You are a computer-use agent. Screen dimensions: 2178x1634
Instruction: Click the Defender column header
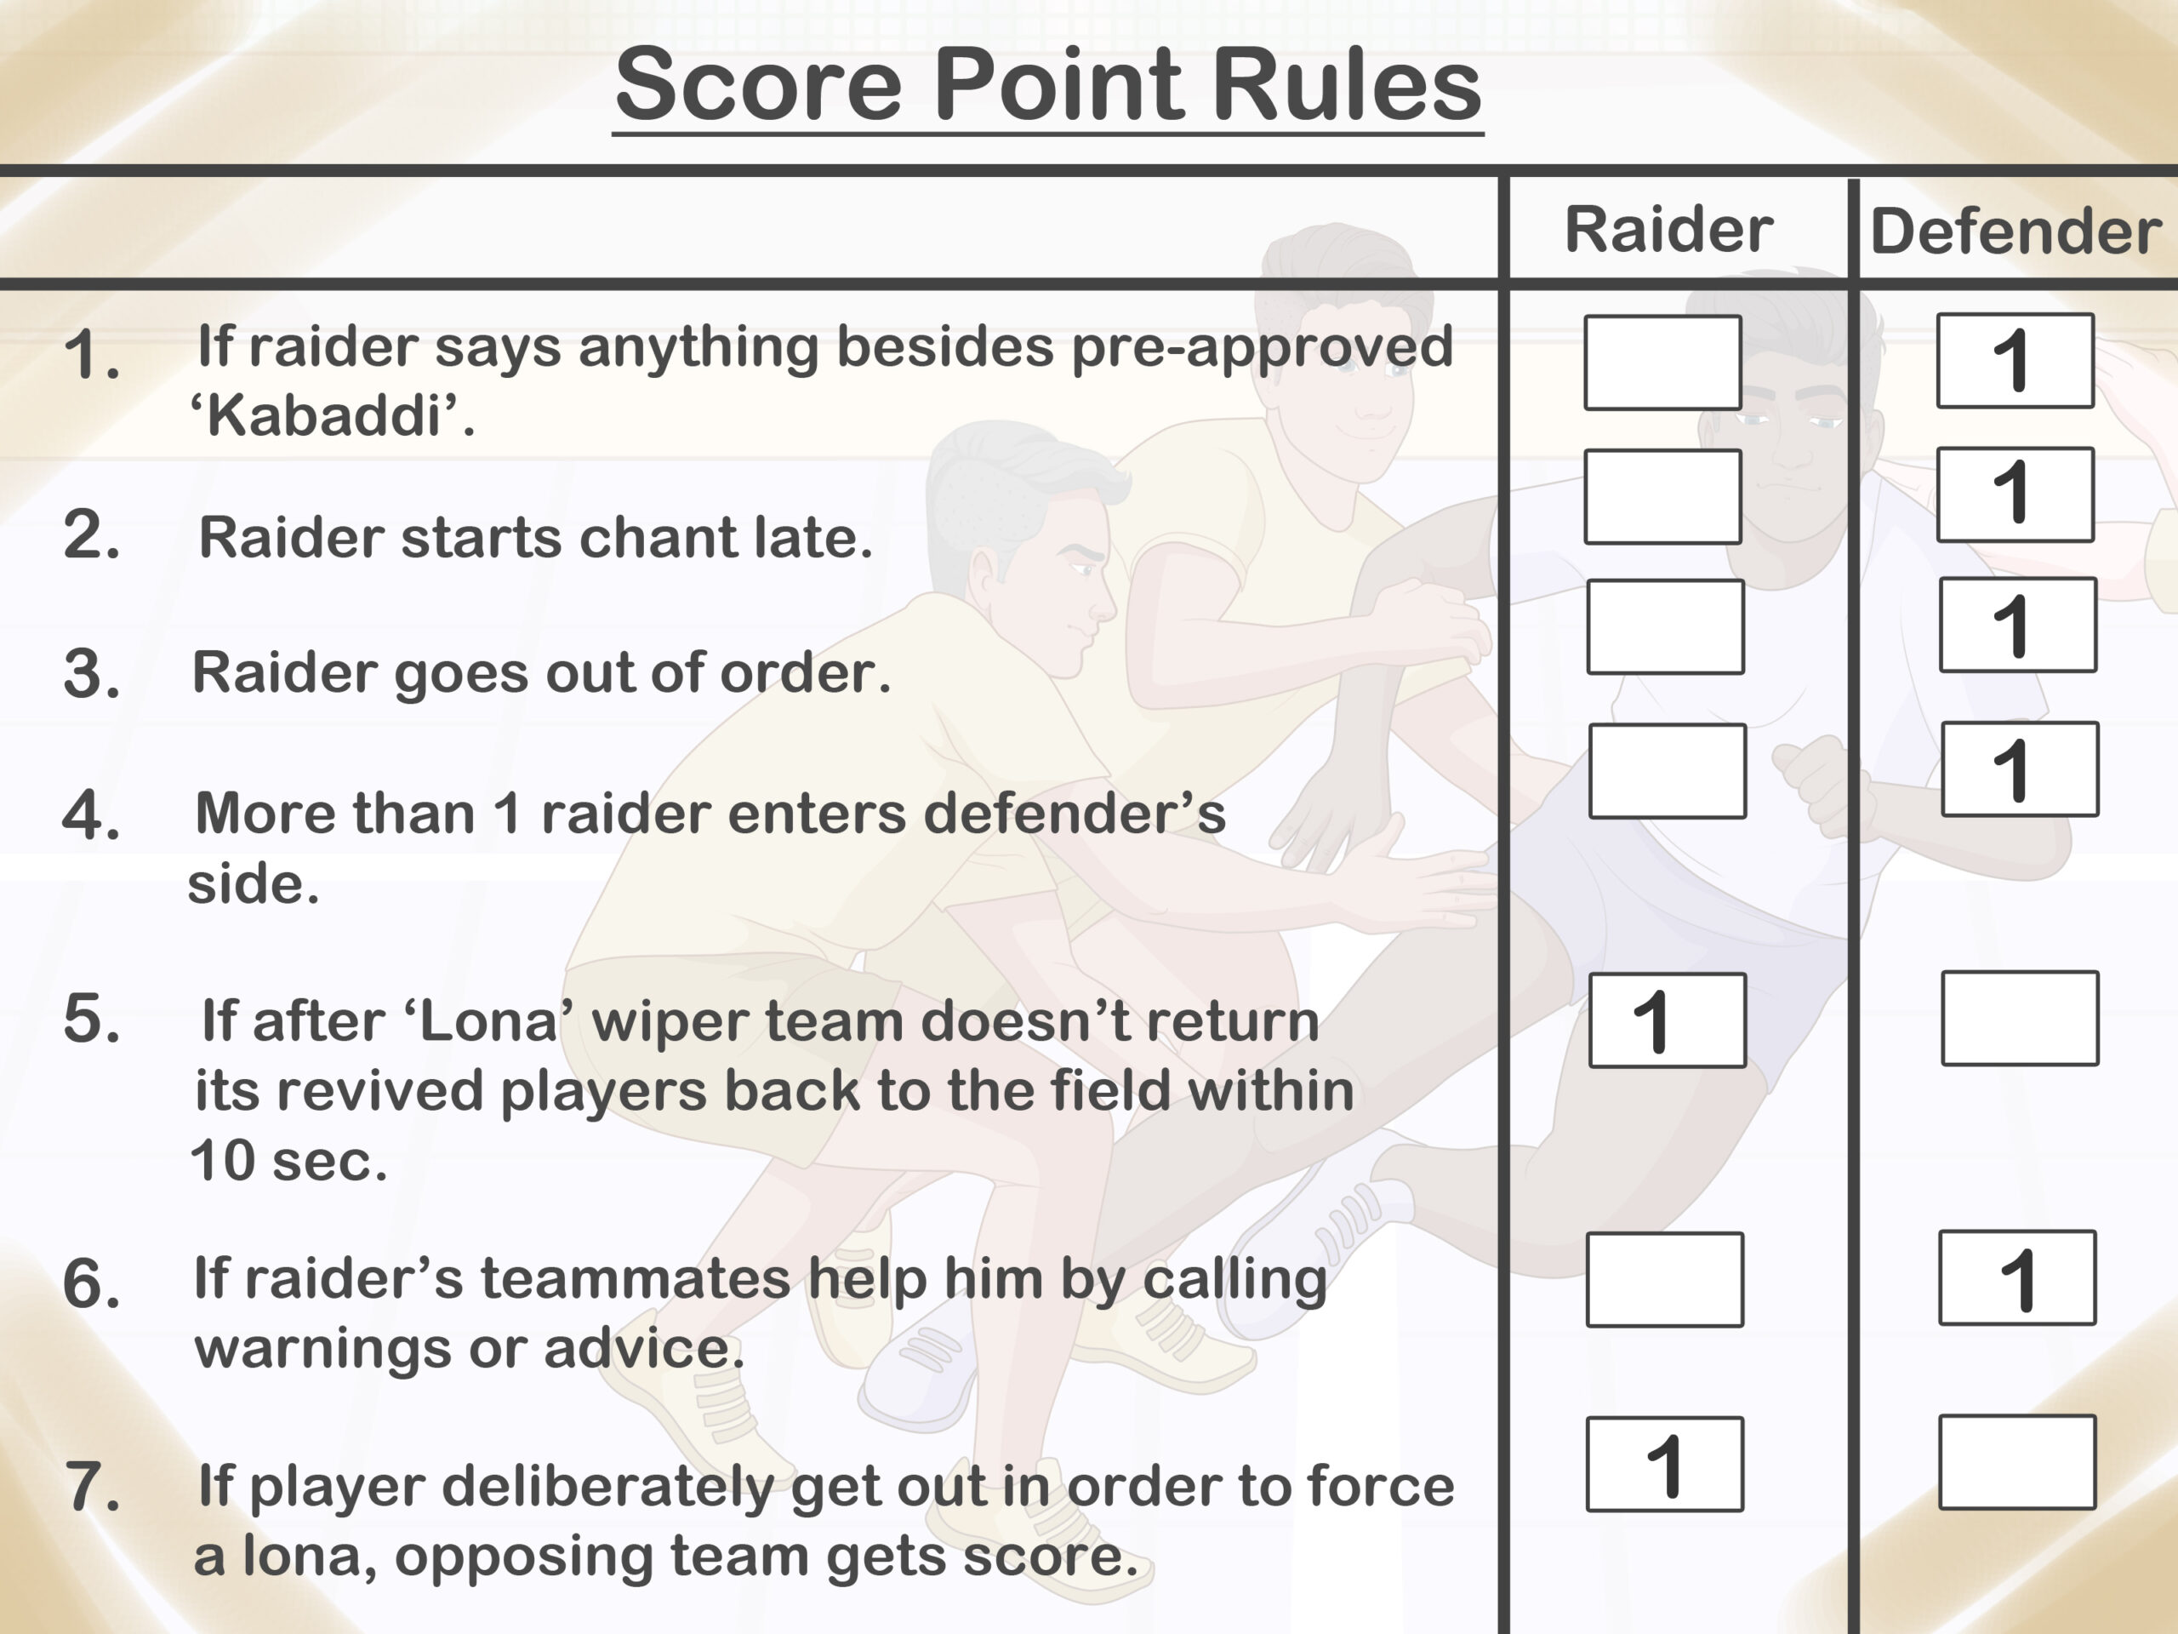2016,231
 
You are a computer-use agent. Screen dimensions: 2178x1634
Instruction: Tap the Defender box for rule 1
2016,361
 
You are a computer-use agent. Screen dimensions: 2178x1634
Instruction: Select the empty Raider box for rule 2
1663,496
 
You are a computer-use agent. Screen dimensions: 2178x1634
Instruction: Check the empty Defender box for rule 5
2021,1019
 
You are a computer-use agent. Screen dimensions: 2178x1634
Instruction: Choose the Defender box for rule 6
2017,1277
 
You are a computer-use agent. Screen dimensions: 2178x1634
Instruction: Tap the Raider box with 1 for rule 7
1665,1465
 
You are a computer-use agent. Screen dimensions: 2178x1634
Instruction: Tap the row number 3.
92,675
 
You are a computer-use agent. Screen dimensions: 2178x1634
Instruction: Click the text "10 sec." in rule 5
288,1160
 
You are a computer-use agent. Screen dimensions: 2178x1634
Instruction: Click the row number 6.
92,1284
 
